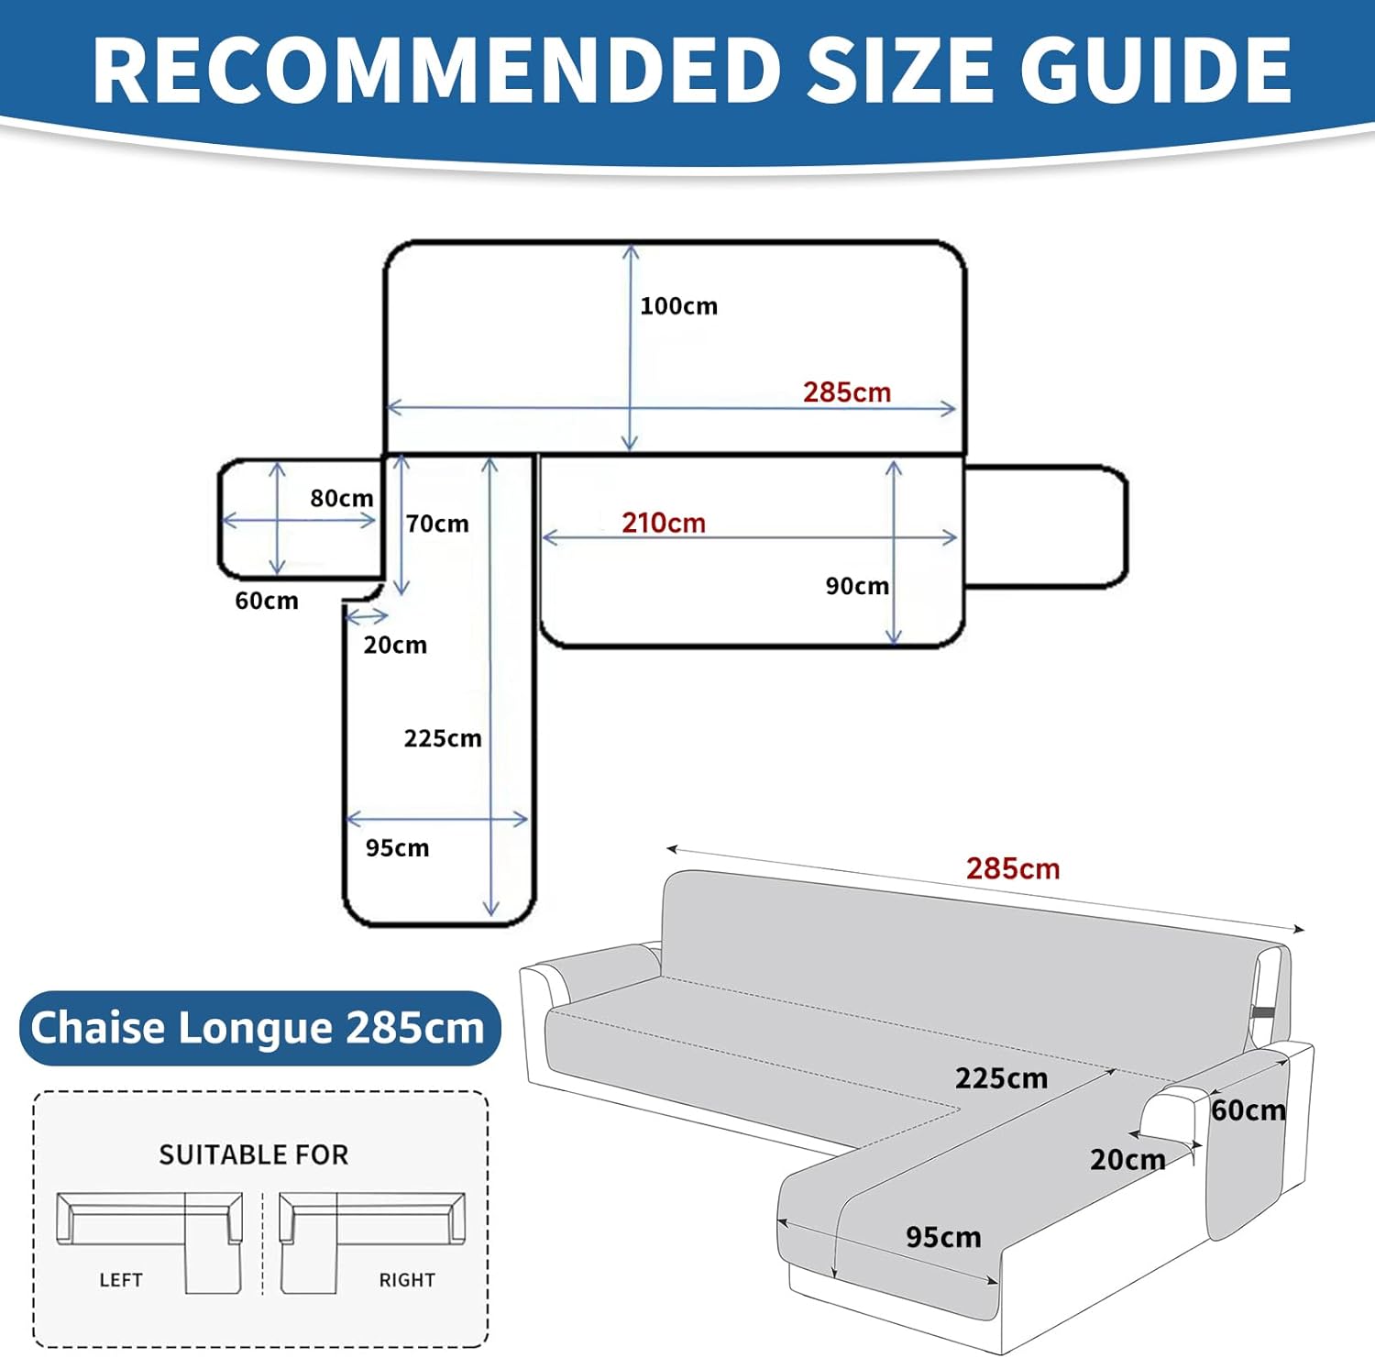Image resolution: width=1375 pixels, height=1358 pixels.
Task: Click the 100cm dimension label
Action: pyautogui.click(x=678, y=306)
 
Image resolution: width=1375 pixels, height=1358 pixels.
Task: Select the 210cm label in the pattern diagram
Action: pyautogui.click(x=664, y=523)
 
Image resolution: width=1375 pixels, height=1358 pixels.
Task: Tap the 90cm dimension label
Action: pyautogui.click(x=857, y=586)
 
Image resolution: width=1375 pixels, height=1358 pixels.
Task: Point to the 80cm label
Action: pyautogui.click(x=342, y=498)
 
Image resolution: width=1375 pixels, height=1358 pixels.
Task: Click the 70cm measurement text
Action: pyautogui.click(x=437, y=524)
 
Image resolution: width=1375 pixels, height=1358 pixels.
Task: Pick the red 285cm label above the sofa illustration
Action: pyautogui.click(x=1013, y=868)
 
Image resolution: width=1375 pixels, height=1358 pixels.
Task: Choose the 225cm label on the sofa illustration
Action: pyautogui.click(x=1001, y=1078)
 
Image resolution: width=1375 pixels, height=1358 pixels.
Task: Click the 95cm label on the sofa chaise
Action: pyautogui.click(x=943, y=1237)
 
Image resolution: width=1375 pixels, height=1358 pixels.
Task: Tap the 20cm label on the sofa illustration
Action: pyautogui.click(x=1127, y=1160)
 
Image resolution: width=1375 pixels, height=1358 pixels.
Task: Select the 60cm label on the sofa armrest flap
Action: pyautogui.click(x=1248, y=1110)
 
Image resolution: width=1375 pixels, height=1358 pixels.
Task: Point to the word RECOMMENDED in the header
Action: pyautogui.click(x=436, y=70)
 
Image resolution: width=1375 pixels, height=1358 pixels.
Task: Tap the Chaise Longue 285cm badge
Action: pyautogui.click(x=260, y=1028)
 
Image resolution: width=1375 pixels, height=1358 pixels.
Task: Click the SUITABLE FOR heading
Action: pyautogui.click(x=254, y=1154)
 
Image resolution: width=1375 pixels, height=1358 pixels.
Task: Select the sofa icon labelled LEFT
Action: pyautogui.click(x=149, y=1242)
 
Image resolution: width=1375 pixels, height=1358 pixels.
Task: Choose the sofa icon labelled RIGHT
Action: pyautogui.click(x=371, y=1242)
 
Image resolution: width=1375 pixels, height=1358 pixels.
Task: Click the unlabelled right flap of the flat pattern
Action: pyautogui.click(x=1046, y=526)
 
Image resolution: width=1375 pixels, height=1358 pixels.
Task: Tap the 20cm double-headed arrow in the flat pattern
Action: pyautogui.click(x=367, y=615)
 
